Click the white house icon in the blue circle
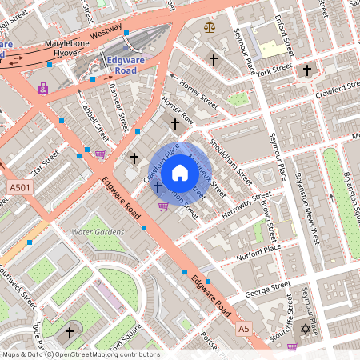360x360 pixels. coord(180,173)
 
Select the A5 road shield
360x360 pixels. coord(243,329)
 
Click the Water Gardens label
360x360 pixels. coord(98,232)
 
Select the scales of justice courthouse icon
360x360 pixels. coord(210,26)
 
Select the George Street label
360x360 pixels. coord(268,286)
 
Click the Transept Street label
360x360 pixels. coord(118,108)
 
